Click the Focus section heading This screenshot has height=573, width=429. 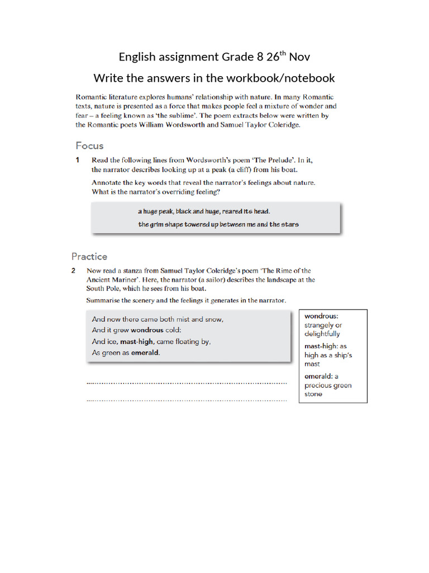90,146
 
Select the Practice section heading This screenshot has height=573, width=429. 89,257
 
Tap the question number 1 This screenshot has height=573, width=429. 78,160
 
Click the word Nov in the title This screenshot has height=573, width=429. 299,57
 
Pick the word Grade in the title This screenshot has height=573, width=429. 236,57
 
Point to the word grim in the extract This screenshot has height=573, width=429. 158,224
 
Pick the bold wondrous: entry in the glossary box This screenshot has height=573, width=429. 321,316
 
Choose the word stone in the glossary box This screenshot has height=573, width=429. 313,394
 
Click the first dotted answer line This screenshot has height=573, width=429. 187,383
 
